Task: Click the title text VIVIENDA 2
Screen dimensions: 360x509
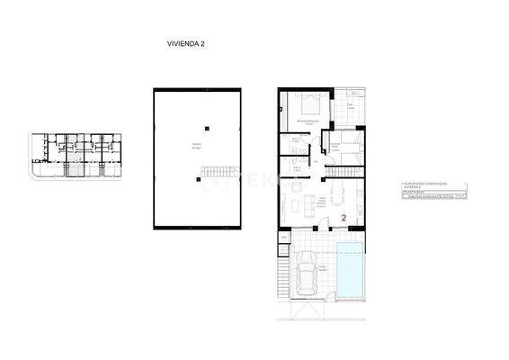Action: pos(186,42)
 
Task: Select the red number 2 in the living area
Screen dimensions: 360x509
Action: pos(344,217)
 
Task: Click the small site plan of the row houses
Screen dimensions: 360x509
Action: pos(79,154)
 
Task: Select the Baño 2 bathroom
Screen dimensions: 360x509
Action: pos(297,166)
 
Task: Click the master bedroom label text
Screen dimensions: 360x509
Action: pos(310,120)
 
